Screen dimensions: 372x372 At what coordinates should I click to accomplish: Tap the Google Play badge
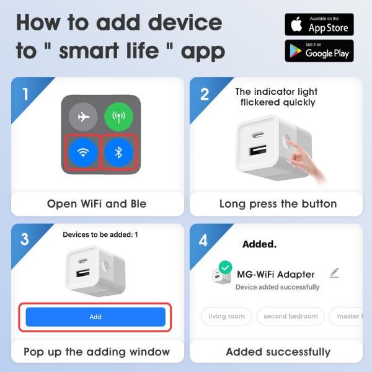(x=319, y=51)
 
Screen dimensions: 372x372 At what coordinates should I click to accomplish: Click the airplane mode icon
(x=83, y=117)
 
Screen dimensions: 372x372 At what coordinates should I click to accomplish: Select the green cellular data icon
(x=119, y=117)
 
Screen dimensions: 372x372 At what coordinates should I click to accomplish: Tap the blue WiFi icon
(x=83, y=153)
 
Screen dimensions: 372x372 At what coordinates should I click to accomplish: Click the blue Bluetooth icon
(x=119, y=153)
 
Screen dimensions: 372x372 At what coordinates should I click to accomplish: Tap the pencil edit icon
(x=335, y=273)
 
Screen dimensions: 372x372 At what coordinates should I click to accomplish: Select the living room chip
(x=226, y=316)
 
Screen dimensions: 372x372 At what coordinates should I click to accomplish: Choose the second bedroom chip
(x=290, y=316)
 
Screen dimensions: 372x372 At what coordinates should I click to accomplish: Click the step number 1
(x=25, y=94)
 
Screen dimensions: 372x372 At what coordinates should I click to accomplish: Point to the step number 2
(x=204, y=94)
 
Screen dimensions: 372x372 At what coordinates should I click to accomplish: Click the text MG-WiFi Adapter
(x=276, y=274)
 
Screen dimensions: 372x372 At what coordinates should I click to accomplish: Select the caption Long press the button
(x=278, y=203)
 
